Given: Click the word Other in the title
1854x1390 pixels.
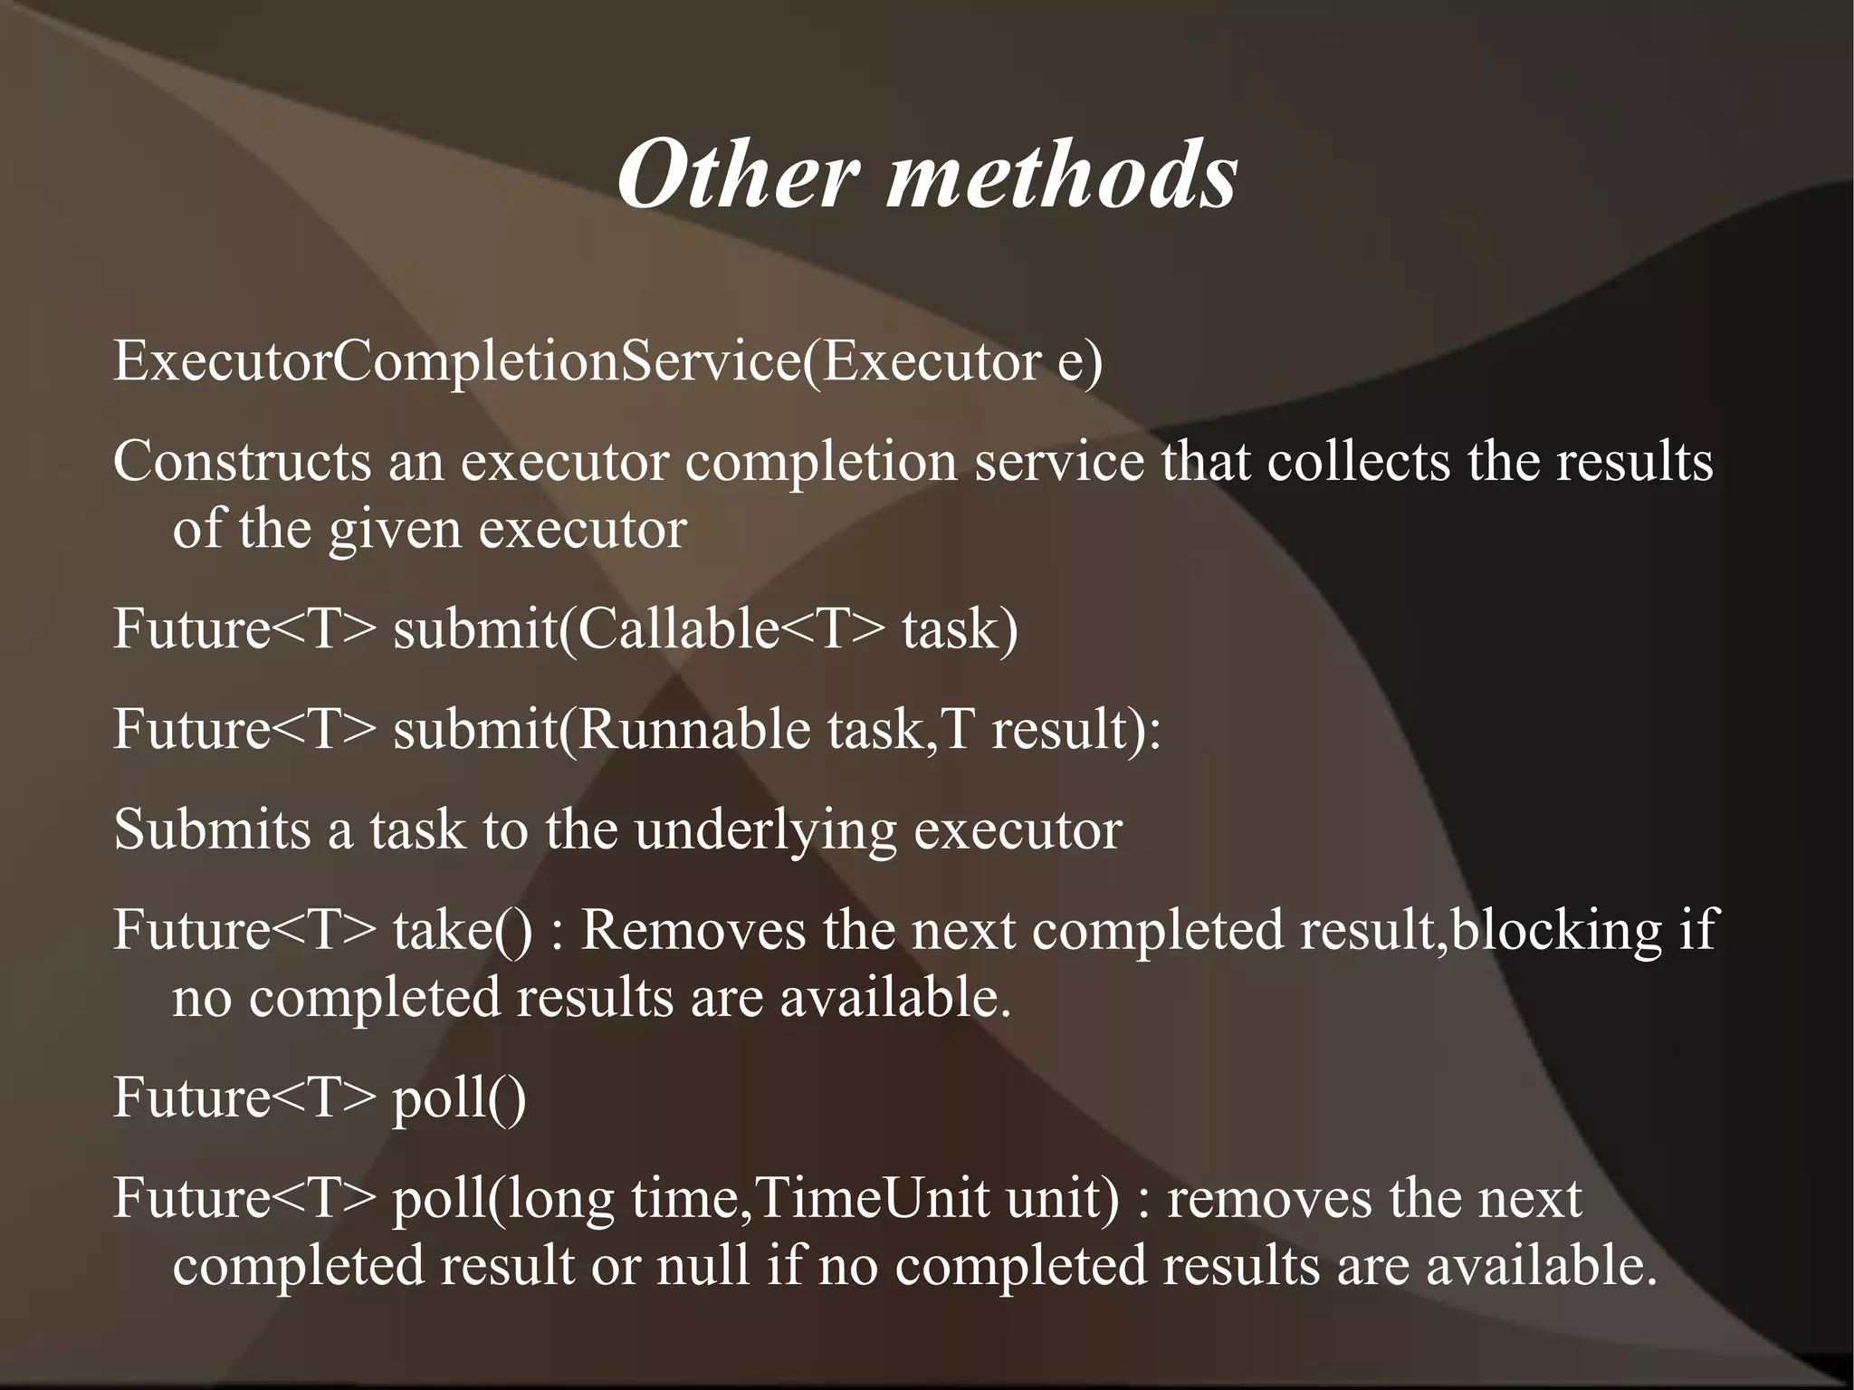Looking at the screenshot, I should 736,174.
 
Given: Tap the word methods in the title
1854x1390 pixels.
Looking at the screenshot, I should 1061,174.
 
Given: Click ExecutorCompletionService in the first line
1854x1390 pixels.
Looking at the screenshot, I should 457,361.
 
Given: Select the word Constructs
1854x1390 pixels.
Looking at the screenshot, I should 242,461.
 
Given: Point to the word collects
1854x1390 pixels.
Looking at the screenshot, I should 1358,461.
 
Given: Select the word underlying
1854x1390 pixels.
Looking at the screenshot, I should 765,830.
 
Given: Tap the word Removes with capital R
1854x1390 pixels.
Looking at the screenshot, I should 692,930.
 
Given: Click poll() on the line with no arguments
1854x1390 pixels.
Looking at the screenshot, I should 458,1098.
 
